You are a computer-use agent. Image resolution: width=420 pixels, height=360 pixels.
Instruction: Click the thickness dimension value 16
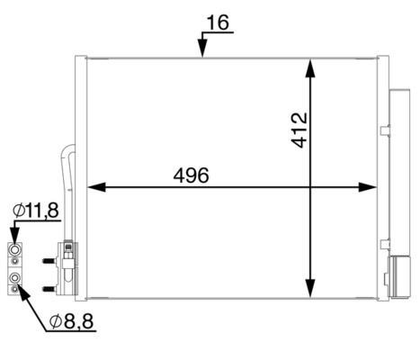coord(218,22)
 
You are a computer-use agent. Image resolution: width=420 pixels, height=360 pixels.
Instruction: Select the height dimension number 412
coord(299,130)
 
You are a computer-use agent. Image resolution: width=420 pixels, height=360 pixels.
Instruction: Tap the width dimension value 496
coord(191,175)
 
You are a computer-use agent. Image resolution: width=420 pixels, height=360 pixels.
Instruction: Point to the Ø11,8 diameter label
coord(36,211)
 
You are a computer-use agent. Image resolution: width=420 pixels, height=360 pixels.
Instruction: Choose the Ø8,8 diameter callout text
coord(72,321)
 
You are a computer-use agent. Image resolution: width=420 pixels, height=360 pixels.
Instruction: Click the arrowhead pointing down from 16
coord(202,48)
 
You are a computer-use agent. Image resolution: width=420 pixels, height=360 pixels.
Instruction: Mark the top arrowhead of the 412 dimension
coord(310,68)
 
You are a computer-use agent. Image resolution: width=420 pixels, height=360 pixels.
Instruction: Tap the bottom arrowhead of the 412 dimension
coord(310,288)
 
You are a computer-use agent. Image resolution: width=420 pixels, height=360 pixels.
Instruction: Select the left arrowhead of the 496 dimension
coord(96,187)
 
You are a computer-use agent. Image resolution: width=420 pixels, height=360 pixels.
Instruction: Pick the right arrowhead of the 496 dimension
coord(367,187)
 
